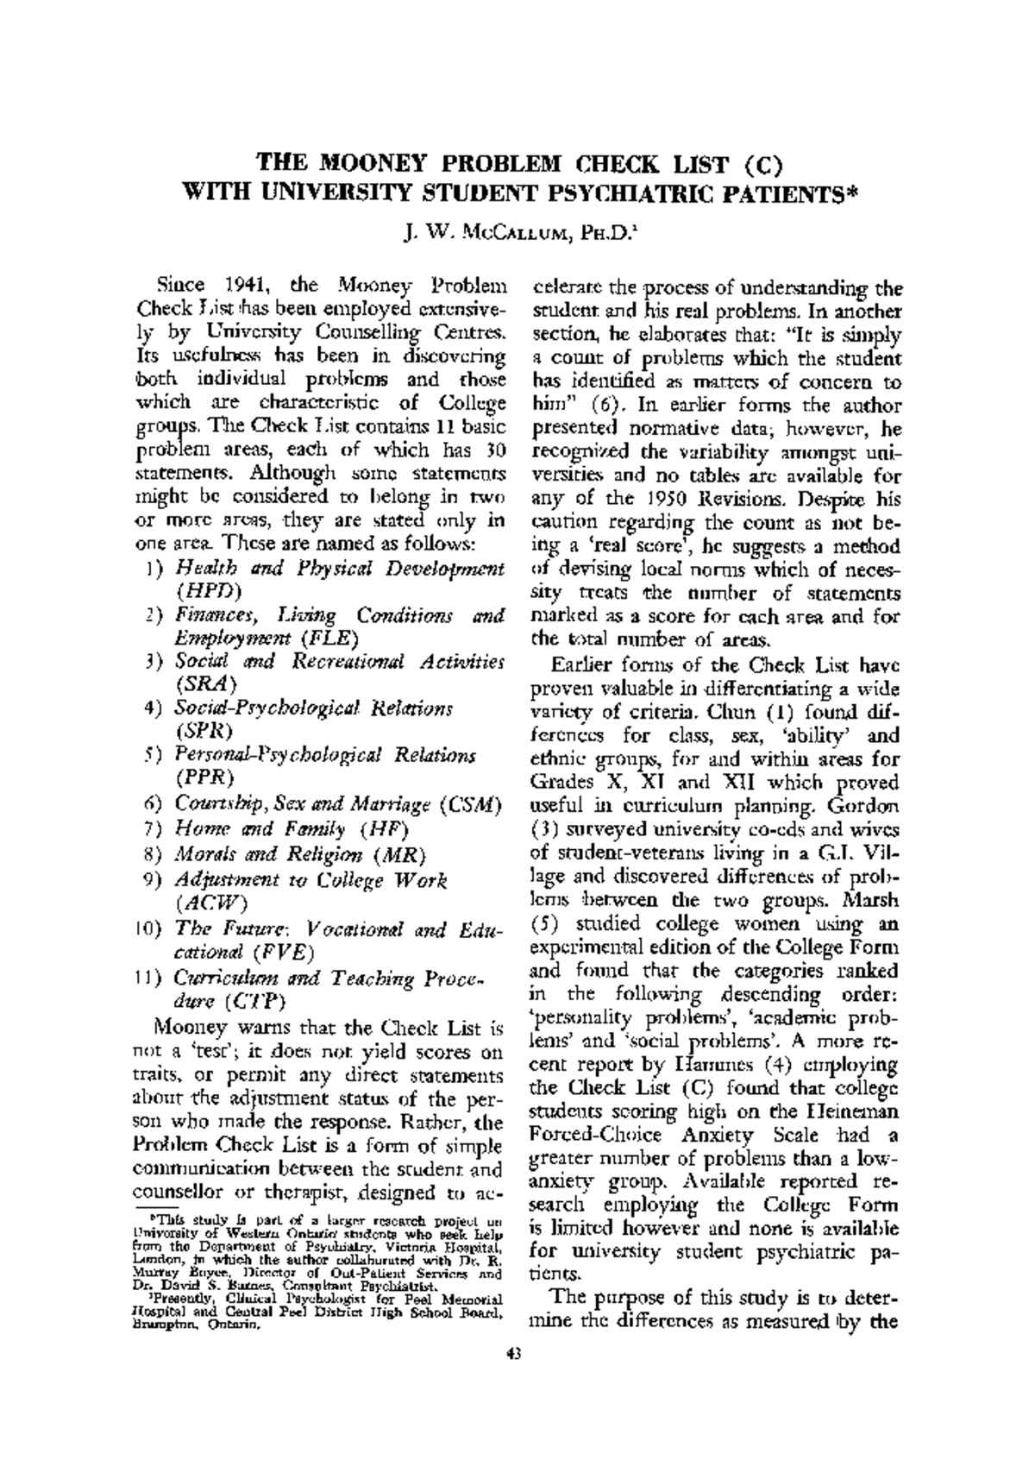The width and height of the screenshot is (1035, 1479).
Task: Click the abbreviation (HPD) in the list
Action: coord(209,592)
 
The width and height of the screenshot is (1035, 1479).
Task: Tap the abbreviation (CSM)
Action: coord(470,805)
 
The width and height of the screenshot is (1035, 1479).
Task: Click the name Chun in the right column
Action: coord(731,713)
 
